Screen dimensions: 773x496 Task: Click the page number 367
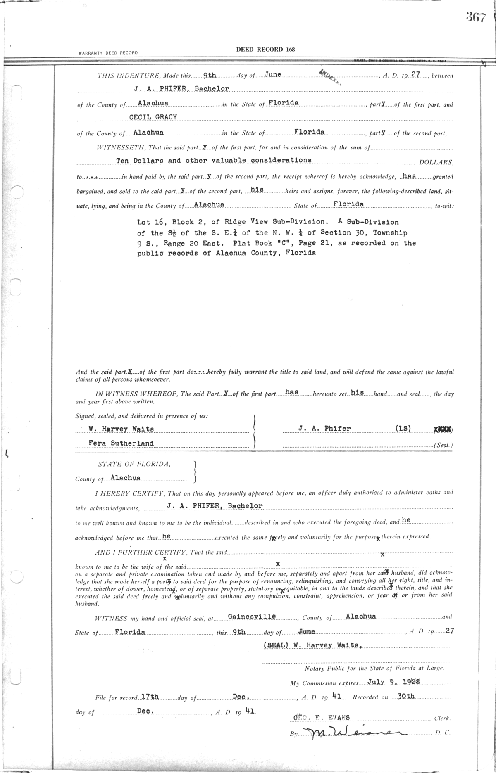(x=475, y=17)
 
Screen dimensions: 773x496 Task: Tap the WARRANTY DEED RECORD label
(x=107, y=53)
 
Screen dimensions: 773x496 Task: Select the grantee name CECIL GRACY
(x=153, y=117)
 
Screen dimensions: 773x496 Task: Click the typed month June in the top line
(x=272, y=74)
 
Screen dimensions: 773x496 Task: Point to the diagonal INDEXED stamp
(x=329, y=76)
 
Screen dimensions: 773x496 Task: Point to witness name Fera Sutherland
(x=121, y=443)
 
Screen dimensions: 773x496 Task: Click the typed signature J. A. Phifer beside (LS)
(x=324, y=429)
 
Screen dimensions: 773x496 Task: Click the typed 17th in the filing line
(x=150, y=696)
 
